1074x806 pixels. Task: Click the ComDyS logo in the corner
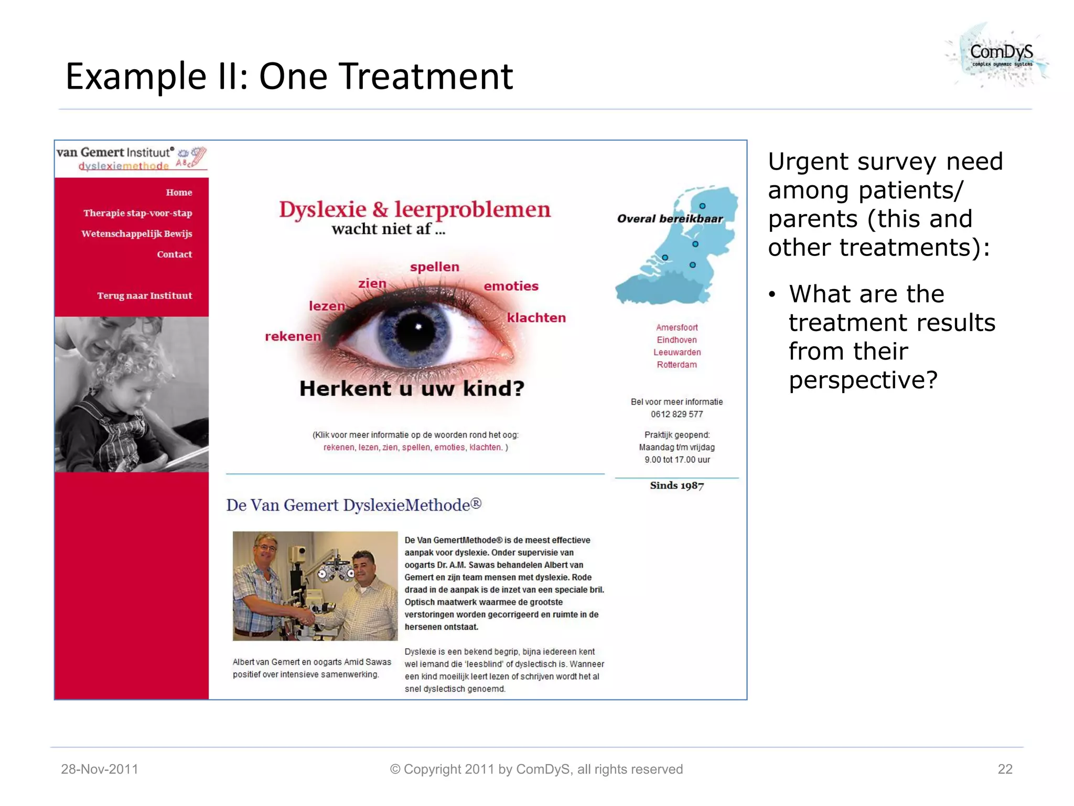[999, 55]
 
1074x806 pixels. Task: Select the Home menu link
[179, 193]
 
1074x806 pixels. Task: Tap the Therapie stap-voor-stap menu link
[137, 213]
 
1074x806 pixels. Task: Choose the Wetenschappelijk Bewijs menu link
[136, 234]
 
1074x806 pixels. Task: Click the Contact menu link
[174, 254]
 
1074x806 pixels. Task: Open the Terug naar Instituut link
[144, 295]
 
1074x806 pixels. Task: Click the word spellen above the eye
[434, 267]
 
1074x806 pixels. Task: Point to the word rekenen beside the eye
[293, 336]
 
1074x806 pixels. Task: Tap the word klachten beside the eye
[536, 317]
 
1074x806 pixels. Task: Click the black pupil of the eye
[417, 330]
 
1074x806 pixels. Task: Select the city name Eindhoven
[676, 340]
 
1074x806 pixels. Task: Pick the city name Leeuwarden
[676, 352]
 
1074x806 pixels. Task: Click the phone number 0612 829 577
[676, 414]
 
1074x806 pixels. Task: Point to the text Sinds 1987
[676, 485]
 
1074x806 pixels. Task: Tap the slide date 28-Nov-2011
[100, 769]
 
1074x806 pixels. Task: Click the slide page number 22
[1005, 769]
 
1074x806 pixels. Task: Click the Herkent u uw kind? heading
[412, 388]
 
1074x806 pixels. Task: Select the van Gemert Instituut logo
[131, 158]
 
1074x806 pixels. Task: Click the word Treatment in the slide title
[429, 77]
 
